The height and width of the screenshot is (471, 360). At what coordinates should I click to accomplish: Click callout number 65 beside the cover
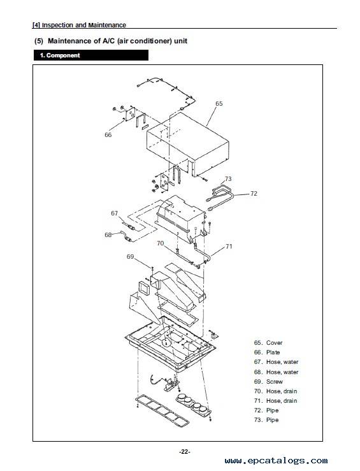219,104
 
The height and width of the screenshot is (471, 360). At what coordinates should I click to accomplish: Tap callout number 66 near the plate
108,135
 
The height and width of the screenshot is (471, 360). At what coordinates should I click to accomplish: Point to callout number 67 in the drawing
115,214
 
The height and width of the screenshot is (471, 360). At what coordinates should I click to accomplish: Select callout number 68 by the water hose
108,235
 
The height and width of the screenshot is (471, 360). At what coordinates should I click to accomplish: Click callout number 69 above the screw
130,257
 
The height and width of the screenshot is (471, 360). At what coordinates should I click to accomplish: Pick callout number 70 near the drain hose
161,243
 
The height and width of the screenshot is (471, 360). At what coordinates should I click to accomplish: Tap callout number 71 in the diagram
229,246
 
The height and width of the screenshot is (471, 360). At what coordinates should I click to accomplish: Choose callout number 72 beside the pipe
254,194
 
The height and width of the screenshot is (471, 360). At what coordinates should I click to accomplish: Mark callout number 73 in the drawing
228,179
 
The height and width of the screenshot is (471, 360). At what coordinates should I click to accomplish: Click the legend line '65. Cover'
268,343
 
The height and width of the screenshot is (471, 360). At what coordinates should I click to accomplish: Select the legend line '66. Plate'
267,352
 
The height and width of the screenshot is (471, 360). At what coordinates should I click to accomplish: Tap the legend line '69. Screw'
268,382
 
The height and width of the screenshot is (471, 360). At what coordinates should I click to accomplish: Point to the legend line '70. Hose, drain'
276,391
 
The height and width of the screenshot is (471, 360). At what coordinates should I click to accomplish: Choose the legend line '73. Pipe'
266,420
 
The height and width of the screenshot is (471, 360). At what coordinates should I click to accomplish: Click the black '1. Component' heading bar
91,55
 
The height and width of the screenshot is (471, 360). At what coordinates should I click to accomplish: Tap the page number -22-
185,452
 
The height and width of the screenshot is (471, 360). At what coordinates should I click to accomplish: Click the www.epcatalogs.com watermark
277,461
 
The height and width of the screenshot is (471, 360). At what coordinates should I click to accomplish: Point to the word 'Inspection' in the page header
57,25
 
